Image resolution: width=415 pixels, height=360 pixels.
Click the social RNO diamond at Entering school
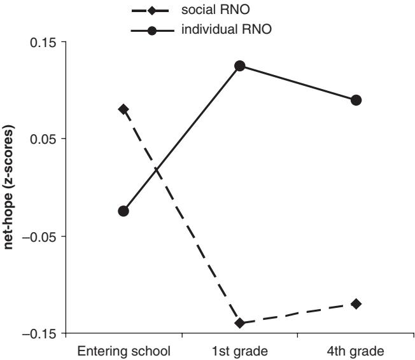pos(123,109)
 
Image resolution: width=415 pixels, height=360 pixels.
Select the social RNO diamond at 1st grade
pos(240,323)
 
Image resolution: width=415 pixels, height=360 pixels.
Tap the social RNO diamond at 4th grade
pos(356,303)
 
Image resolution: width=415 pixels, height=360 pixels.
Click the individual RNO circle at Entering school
pos(123,211)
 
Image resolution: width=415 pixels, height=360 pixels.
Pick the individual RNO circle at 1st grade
pos(240,66)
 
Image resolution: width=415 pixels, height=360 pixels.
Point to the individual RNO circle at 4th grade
pos(356,100)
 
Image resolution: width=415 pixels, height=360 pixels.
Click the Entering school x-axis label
pos(123,350)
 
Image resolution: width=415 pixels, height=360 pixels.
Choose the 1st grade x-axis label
pos(240,350)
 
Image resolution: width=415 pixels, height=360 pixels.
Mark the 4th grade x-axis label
pos(356,350)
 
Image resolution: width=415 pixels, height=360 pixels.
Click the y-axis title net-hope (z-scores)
pos(11,188)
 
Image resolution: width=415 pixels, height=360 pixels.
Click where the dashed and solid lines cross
pos(157,170)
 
